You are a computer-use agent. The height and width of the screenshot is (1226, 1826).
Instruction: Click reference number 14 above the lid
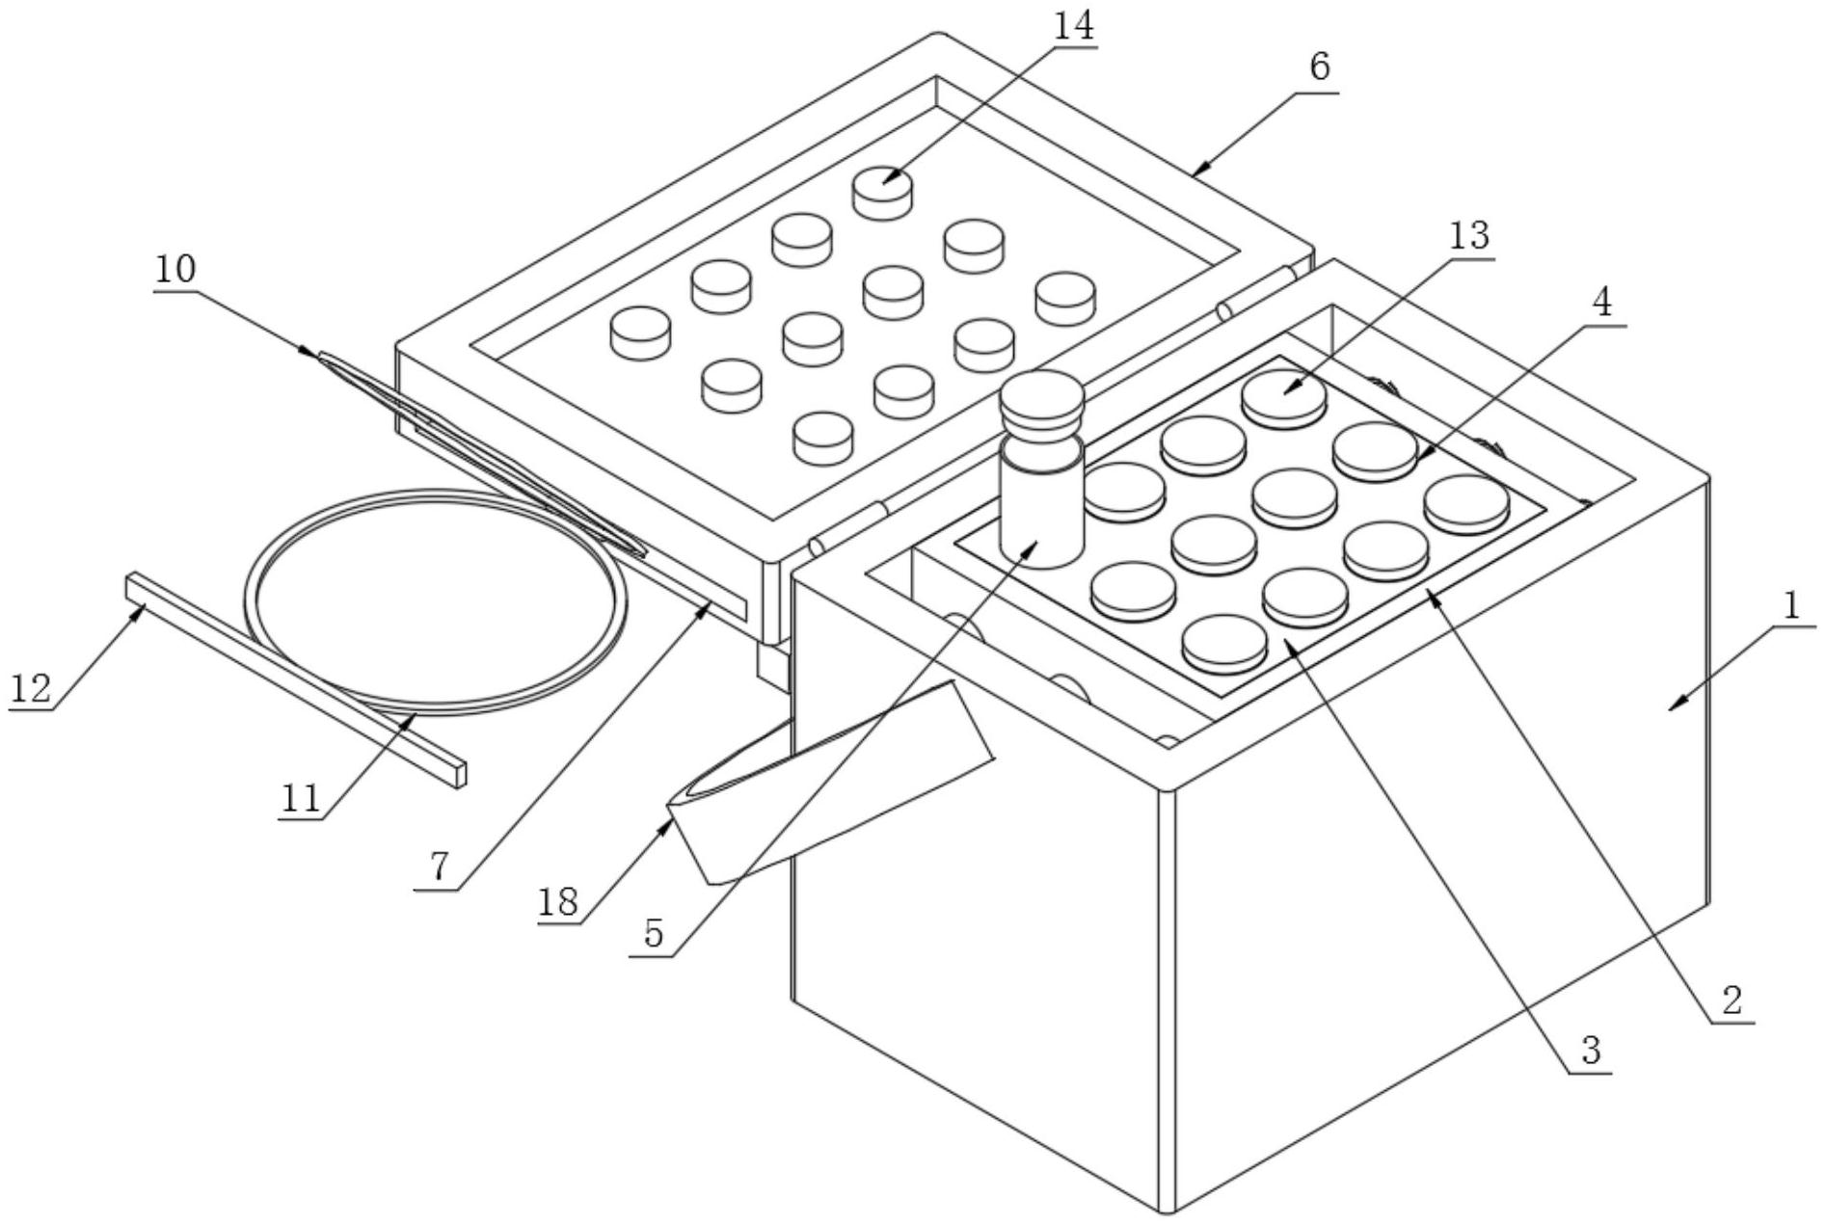[1073, 27]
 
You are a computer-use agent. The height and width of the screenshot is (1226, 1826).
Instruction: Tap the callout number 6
[1319, 67]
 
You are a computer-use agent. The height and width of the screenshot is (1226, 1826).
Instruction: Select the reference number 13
[1469, 235]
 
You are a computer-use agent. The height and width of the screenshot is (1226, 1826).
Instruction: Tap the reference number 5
[654, 933]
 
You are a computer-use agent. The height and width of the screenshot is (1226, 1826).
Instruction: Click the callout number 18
[559, 901]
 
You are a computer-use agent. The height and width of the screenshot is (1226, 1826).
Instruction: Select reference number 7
[439, 867]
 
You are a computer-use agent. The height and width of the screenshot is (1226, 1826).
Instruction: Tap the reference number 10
[175, 269]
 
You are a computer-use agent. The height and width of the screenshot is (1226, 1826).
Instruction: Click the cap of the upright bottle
[1041, 403]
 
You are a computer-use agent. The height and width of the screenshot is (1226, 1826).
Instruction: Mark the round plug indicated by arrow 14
[882, 192]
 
